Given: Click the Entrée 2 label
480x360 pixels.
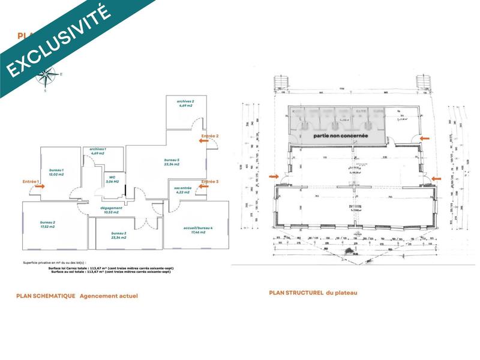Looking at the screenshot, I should [x=210, y=137].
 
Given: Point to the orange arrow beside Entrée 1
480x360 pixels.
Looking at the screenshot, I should [x=40, y=187].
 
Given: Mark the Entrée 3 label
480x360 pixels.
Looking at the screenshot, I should [x=209, y=181].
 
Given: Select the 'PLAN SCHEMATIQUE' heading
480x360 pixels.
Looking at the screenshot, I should [x=46, y=296].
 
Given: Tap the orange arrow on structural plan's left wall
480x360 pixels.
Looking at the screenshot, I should [x=274, y=177].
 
